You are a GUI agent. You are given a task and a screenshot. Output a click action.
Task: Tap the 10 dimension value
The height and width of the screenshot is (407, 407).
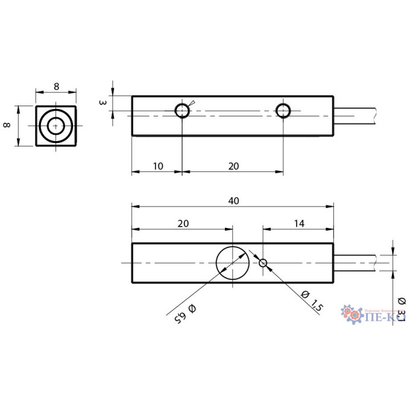[156, 165]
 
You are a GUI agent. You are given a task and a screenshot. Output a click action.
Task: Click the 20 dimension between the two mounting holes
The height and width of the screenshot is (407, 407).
[233, 165]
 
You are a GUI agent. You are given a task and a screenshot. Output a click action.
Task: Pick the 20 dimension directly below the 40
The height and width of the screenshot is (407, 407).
[183, 223]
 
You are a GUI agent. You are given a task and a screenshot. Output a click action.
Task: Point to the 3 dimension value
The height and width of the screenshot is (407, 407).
[104, 103]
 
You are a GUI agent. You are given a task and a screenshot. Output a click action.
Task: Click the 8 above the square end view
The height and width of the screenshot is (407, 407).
[56, 86]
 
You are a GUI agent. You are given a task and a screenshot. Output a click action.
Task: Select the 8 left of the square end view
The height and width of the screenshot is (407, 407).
[8, 125]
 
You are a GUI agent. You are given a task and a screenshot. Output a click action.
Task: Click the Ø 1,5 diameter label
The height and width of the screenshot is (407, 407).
[311, 300]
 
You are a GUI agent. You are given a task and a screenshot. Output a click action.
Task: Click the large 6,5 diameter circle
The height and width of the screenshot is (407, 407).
[232, 262]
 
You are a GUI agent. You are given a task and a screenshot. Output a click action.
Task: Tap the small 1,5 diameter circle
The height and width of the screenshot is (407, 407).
[263, 262]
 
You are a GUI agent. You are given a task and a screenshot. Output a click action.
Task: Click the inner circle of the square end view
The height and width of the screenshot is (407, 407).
[56, 126]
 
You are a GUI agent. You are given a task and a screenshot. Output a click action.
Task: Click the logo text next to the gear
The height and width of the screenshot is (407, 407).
[386, 315]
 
